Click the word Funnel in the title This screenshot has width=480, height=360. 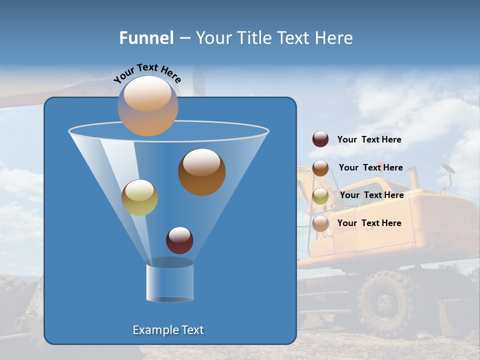[146, 38]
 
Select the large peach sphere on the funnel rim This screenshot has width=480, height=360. [148, 106]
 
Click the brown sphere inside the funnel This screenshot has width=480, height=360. [201, 171]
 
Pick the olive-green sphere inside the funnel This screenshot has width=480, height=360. [139, 197]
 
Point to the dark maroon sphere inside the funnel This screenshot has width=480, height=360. [179, 240]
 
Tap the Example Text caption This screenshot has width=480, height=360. [168, 330]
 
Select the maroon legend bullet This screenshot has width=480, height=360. [320, 139]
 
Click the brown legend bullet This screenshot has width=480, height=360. [320, 168]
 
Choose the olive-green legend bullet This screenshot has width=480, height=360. [320, 196]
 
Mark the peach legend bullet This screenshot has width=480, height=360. [320, 223]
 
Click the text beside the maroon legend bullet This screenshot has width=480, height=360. [369, 140]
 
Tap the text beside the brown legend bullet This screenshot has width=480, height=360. [370, 168]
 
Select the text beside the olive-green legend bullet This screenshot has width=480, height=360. [371, 195]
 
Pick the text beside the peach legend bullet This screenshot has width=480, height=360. [369, 223]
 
